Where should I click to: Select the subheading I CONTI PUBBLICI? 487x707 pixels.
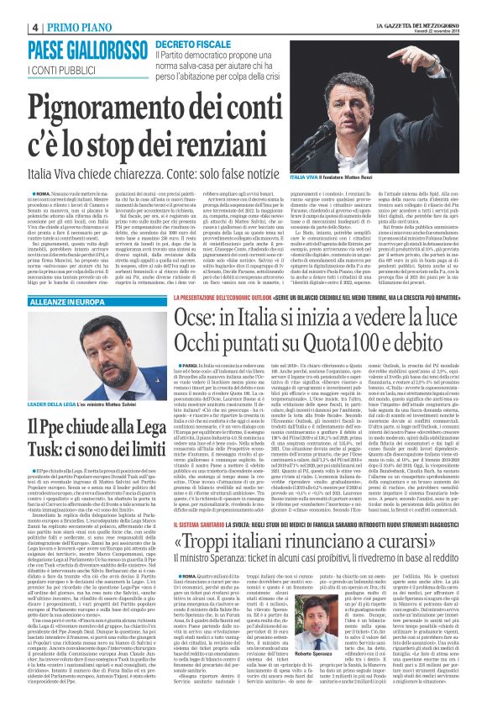pyautogui.click(x=60, y=68)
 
